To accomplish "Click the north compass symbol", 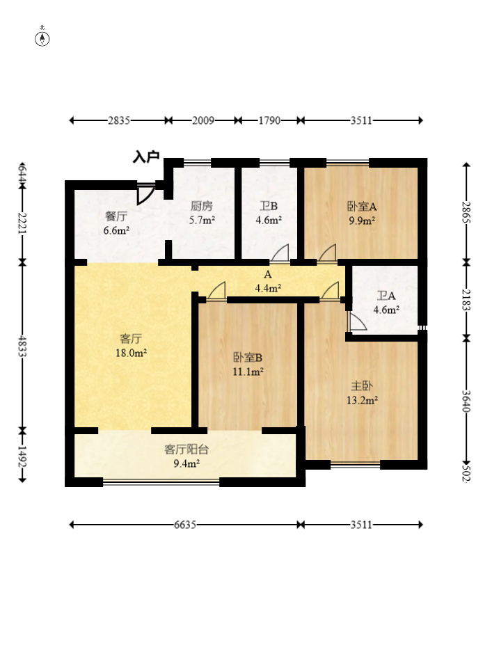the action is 42,38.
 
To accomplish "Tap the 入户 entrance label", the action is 146,157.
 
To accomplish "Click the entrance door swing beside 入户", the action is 145,193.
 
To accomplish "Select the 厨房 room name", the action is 202,206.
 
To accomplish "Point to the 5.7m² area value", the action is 202,220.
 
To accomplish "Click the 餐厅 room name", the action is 116,216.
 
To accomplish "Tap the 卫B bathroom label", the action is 269,206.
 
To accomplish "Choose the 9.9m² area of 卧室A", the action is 362,221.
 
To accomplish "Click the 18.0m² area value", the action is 132,353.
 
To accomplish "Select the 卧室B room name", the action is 248,358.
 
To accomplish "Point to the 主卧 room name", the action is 362,386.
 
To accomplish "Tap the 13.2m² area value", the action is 362,400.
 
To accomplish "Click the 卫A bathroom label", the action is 386,296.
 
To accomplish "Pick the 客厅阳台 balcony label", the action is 187,449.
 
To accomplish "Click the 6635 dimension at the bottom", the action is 185,525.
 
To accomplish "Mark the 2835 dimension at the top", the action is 119,120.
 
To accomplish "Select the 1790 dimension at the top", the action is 269,120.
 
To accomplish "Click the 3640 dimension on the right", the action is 466,401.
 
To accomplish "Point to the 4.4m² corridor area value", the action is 268,288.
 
